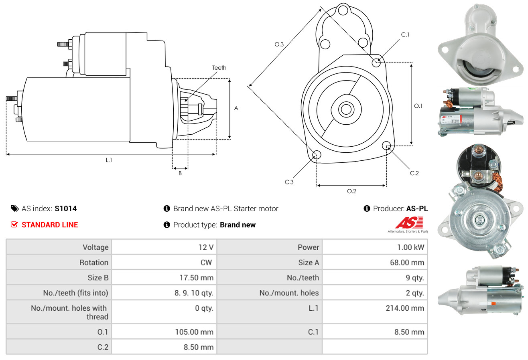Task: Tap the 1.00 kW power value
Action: [410, 247]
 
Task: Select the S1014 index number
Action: [66, 208]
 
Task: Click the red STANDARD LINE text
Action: [50, 225]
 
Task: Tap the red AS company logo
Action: [409, 222]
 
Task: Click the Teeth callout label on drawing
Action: [219, 68]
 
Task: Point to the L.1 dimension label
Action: [109, 160]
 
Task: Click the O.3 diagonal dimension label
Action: [279, 44]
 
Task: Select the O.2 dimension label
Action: [351, 191]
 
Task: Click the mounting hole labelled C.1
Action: [376, 63]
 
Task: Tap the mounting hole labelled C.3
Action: [317, 155]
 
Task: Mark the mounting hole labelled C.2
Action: [387, 145]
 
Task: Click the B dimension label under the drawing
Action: [180, 173]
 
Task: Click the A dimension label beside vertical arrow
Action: [236, 108]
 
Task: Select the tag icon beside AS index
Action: [14, 208]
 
